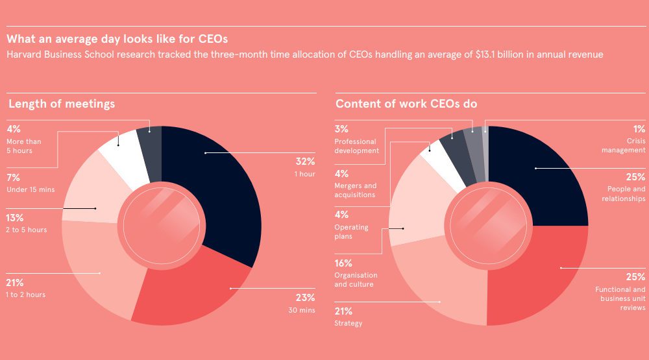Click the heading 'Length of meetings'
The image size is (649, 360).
tap(62, 104)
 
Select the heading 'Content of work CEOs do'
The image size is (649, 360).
tap(406, 104)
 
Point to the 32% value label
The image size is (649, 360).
tap(305, 162)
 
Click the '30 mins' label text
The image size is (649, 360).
tap(302, 310)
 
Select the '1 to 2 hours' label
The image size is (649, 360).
tap(26, 294)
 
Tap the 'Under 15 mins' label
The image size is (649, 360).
tap(30, 189)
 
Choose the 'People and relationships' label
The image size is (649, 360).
tap(622, 194)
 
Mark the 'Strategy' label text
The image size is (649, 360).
tap(349, 323)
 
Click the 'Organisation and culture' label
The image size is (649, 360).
tap(356, 280)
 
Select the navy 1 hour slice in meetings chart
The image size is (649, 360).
tap(221, 188)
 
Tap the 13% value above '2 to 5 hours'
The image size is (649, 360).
tap(15, 218)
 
